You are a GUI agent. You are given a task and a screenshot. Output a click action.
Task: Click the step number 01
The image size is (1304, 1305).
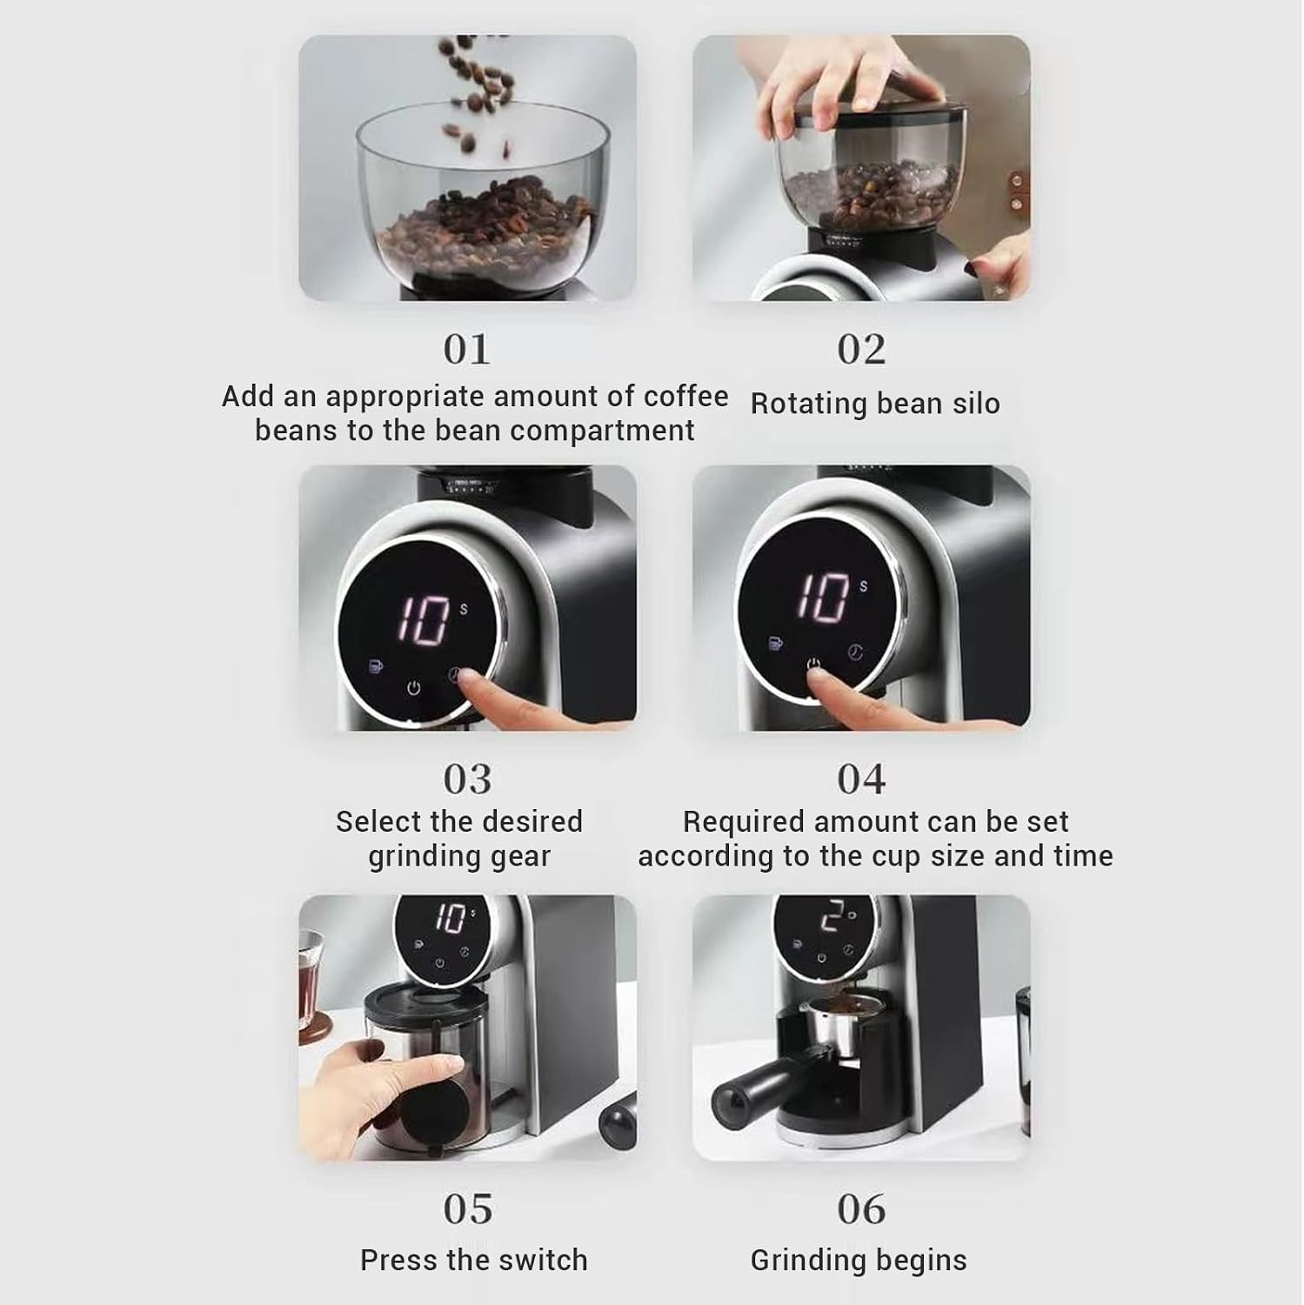coord(467,350)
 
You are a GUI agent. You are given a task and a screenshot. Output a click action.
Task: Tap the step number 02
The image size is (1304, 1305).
coord(861,350)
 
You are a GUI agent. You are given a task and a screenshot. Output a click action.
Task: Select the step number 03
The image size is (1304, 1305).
coord(467,780)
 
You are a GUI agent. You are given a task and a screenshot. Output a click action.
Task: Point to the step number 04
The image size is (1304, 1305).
coord(861,780)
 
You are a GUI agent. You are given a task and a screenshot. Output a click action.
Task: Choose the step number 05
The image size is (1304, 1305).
coord(467,1209)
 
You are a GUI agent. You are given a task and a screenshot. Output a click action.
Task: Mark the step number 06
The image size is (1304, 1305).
coord(861,1209)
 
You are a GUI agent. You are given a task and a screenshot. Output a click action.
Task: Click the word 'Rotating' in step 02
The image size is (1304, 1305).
coord(809,405)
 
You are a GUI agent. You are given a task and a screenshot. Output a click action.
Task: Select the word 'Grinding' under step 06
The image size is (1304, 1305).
coord(806,1261)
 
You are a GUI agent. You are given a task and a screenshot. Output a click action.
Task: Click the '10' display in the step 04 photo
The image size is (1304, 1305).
coord(823,598)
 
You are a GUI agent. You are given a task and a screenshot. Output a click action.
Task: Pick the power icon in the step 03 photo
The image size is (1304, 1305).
coord(414,688)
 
